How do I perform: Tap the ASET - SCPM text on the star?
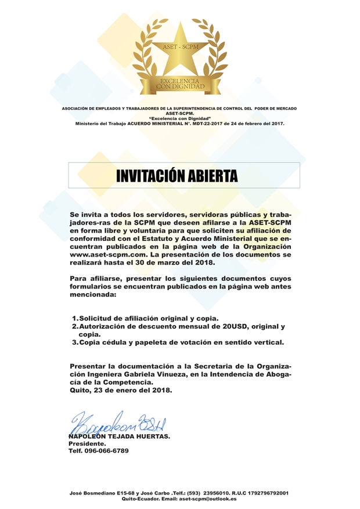point(179,46)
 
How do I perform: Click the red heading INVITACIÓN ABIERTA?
point(178,175)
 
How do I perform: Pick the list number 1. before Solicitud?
point(75,318)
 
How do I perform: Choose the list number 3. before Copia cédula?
point(75,342)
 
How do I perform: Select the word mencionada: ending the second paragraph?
point(93,295)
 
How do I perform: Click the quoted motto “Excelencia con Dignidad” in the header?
point(179,118)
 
